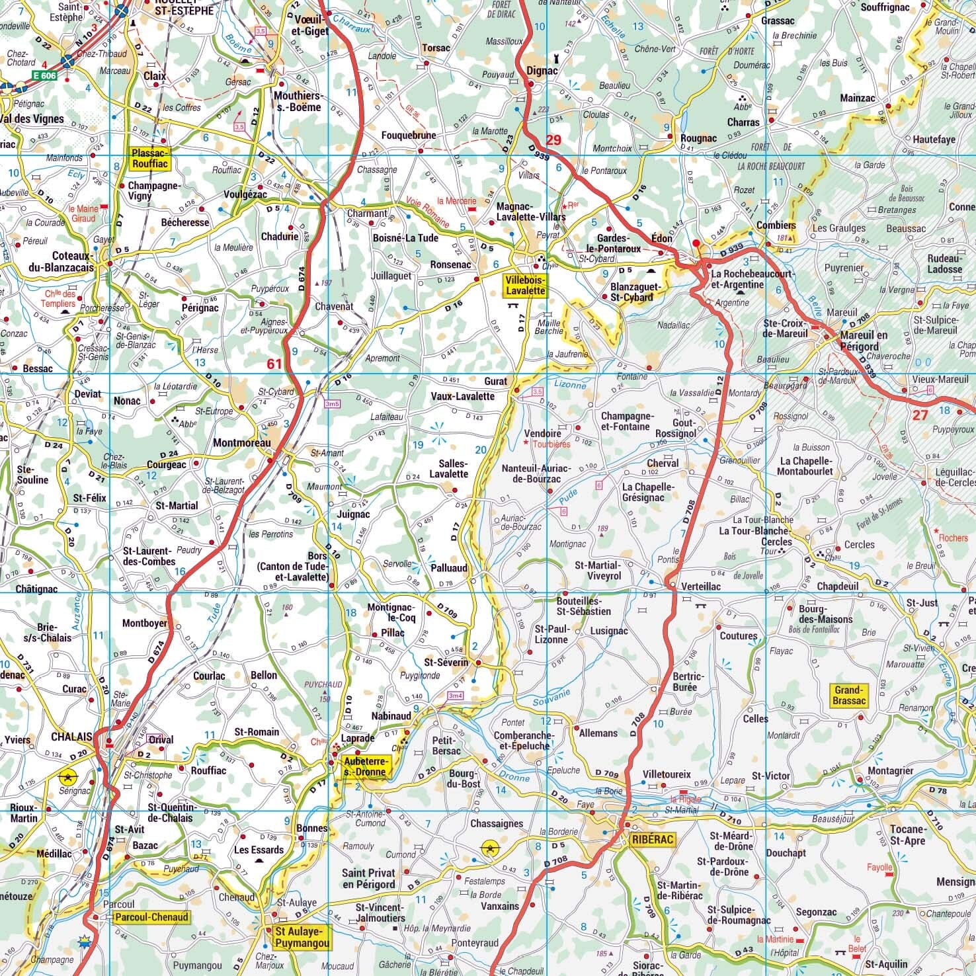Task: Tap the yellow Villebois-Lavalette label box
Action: tap(525, 285)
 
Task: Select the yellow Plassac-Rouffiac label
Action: tap(151, 158)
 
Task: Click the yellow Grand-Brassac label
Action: tap(849, 695)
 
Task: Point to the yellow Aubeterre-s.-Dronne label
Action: tap(364, 766)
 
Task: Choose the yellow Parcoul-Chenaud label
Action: tap(150, 917)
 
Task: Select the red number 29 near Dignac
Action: tap(553, 140)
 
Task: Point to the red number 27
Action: tap(920, 415)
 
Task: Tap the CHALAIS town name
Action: tap(69, 737)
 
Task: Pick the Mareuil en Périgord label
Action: tap(864, 341)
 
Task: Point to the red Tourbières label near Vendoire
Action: tap(550, 444)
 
